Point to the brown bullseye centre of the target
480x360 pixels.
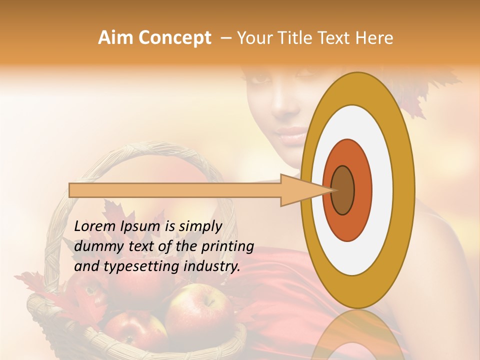pyautogui.click(x=343, y=190)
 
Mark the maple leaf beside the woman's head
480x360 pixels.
pyautogui.click(x=430, y=92)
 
